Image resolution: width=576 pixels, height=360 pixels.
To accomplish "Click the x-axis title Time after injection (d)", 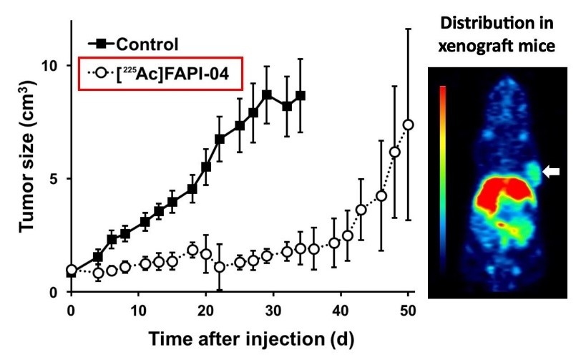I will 240,336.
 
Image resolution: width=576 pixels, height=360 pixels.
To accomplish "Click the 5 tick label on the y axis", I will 54,178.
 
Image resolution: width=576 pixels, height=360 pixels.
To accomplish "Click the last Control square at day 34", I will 301,95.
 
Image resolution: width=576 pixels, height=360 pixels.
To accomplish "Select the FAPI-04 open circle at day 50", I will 409,125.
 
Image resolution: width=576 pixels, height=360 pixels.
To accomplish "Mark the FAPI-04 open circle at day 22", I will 220,267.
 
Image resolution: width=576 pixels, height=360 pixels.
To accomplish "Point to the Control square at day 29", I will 267,94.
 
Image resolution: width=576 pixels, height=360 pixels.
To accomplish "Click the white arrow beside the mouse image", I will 552,171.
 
